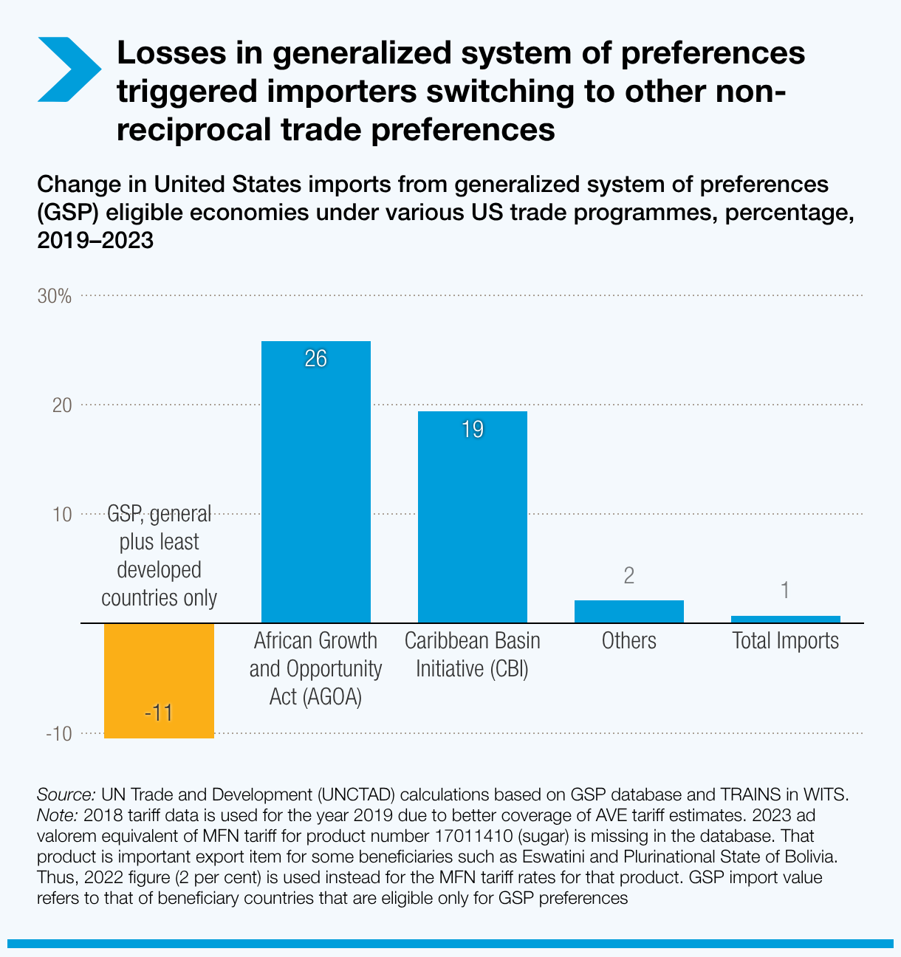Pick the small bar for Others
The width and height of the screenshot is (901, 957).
(629, 611)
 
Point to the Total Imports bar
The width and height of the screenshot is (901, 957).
(785, 619)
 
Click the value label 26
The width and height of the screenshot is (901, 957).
(316, 359)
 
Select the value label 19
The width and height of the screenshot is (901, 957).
(473, 429)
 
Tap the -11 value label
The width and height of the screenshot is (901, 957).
(159, 713)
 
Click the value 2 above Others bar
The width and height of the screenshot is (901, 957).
(629, 576)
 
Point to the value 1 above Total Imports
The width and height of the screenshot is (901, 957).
(785, 590)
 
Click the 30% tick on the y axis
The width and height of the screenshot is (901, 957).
(55, 296)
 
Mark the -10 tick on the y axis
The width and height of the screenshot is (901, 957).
(59, 734)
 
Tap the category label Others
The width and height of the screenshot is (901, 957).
(629, 640)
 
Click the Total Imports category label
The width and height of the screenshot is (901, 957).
(785, 640)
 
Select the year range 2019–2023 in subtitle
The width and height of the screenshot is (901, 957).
(95, 240)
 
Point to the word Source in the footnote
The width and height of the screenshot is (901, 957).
(65, 795)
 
